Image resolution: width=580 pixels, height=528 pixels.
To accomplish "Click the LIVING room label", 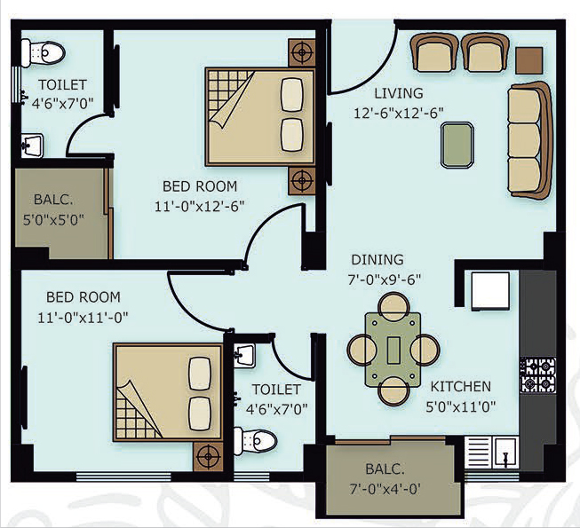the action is point(399,93).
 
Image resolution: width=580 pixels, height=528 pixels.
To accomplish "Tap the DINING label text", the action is point(377,260).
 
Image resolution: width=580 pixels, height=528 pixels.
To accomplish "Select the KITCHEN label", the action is point(461,387).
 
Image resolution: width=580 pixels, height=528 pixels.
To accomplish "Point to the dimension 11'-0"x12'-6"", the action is point(199,206).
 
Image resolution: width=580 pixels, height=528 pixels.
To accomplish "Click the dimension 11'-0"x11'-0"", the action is point(83,318).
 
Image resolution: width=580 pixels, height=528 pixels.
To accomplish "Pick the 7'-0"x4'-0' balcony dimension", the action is point(385,490).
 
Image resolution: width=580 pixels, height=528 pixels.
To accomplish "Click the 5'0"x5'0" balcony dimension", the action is point(53,220).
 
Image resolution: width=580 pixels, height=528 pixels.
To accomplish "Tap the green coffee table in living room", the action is point(457,146).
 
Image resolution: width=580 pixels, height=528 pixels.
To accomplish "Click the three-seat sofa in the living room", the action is point(529,140).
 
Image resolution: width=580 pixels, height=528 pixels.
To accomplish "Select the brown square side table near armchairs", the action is point(529,60).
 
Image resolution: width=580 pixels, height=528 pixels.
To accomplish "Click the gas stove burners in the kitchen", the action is point(538,375).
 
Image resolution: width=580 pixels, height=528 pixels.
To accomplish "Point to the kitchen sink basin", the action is point(505,452).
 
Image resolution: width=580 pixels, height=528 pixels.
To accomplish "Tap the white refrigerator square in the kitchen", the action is point(490,291).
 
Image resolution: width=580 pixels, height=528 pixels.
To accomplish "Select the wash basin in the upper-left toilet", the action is point(32,146).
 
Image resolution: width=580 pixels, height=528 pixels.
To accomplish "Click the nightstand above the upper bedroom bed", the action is point(302,52).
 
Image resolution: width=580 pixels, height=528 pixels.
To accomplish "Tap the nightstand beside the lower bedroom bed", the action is point(208,457).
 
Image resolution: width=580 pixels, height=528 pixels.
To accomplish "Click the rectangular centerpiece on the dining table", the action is point(393,350).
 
